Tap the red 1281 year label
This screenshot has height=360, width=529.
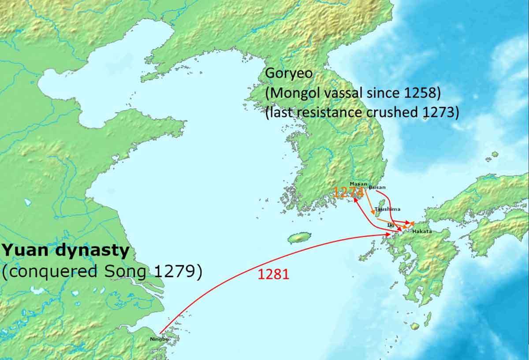273,274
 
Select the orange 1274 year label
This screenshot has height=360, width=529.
348,192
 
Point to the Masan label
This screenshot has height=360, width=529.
358,183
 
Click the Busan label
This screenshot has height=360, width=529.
377,187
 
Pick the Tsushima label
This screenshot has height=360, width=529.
387,209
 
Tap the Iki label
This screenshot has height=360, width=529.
390,225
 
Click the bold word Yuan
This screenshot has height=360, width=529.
22,251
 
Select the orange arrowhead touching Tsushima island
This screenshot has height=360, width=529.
374,213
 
